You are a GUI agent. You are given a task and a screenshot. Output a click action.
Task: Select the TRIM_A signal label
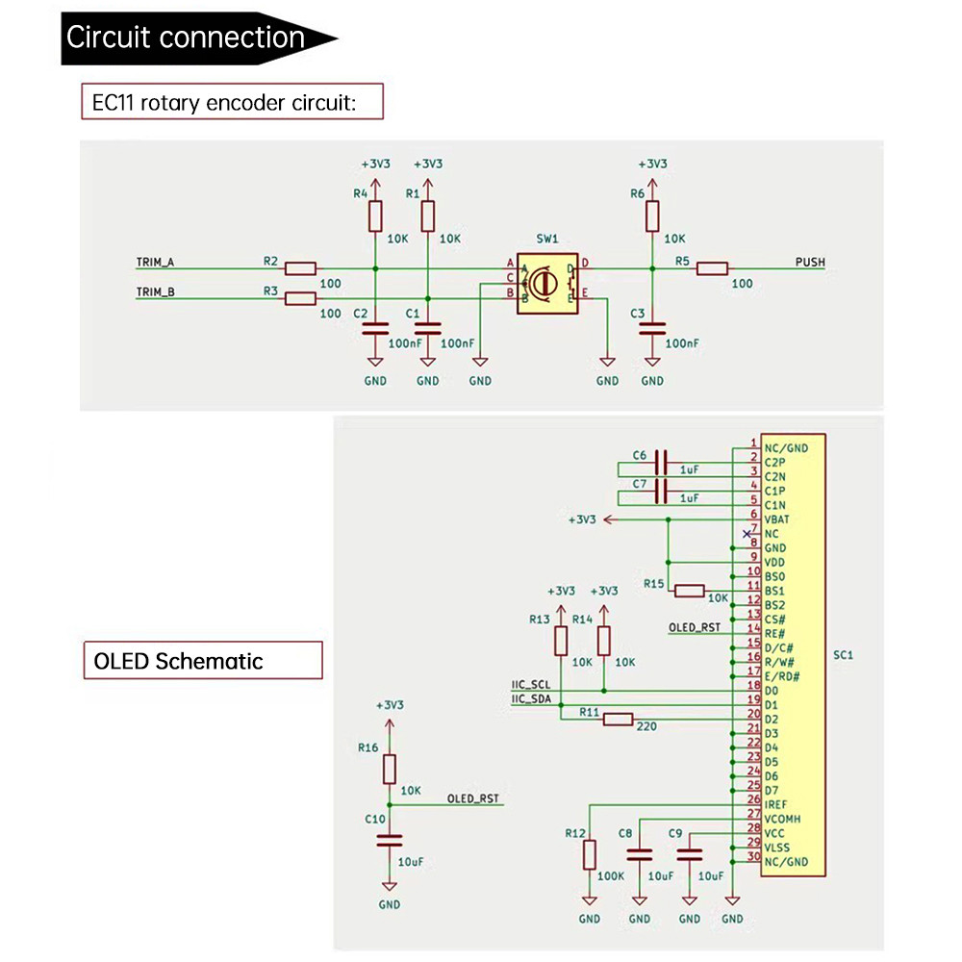(155, 263)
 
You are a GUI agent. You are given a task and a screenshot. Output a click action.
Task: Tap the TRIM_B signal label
(155, 292)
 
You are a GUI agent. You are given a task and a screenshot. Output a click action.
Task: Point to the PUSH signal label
(810, 263)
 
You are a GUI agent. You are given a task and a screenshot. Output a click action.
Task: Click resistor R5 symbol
(713, 268)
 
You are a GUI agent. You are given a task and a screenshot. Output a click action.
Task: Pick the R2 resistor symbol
(301, 268)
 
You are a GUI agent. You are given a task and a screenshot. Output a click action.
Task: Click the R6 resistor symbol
(652, 215)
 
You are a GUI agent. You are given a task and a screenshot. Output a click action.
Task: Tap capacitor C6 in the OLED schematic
(661, 462)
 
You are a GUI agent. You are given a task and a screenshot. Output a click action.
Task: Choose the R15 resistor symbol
(690, 590)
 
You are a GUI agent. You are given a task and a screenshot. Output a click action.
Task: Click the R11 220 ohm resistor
(618, 719)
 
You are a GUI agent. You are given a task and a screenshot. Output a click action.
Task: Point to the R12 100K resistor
(590, 853)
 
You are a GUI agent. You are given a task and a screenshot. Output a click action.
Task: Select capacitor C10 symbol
(389, 839)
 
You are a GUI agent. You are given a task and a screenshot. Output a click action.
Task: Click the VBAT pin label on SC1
(778, 519)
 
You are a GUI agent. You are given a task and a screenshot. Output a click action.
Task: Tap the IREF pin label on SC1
(777, 803)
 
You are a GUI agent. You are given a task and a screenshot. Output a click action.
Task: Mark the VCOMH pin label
(783, 819)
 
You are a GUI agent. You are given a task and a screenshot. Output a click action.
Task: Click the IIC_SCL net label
(531, 685)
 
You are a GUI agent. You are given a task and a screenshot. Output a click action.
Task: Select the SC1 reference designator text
(844, 655)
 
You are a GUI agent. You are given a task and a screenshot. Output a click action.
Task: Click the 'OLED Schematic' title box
(202, 661)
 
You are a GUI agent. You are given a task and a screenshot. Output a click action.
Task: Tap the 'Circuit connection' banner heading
(186, 38)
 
